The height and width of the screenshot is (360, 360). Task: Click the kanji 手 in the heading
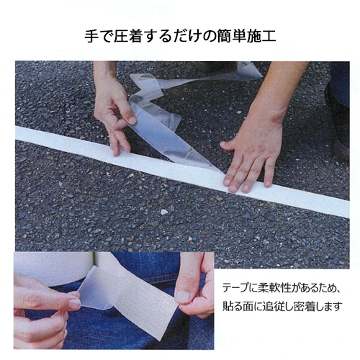tap(91, 36)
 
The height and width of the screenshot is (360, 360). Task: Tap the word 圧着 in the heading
tap(127, 36)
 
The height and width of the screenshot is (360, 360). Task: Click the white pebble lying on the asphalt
tap(164, 212)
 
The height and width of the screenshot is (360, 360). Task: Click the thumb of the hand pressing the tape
tap(228, 145)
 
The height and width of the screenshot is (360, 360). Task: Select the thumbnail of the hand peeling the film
tap(132, 120)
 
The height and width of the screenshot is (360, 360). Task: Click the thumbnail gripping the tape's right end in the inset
tap(182, 297)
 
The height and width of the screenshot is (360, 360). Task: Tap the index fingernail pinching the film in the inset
tap(75, 304)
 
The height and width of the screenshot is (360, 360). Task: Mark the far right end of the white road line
tap(348, 210)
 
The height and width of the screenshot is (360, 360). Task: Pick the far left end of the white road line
tap(17, 133)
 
